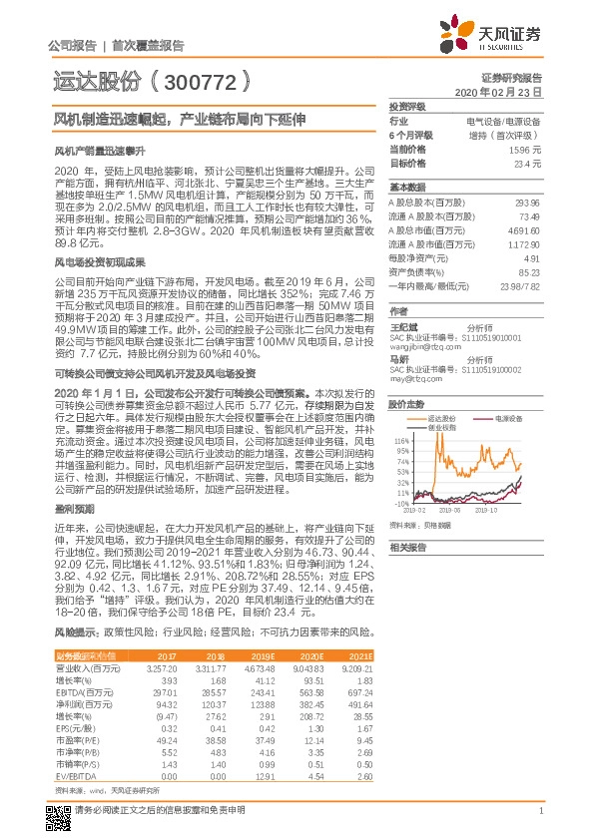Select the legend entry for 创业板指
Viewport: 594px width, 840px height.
click(x=443, y=426)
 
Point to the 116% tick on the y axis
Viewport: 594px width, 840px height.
click(x=403, y=440)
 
